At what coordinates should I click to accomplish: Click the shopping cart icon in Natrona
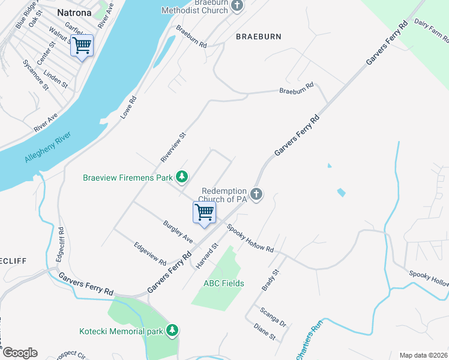(82, 45)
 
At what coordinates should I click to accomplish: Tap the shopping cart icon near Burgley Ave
(204, 212)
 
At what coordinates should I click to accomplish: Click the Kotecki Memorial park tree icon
(173, 331)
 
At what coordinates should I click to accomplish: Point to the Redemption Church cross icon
(257, 194)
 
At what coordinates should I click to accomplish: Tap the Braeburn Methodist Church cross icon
(237, 6)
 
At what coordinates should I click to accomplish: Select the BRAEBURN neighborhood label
(259, 37)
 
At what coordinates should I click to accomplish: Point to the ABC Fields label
(224, 283)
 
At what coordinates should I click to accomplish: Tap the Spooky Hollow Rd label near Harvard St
(250, 238)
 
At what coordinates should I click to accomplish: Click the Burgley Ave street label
(178, 232)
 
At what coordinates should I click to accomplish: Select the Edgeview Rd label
(150, 254)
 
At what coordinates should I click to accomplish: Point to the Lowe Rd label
(129, 107)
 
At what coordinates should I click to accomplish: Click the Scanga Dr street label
(273, 317)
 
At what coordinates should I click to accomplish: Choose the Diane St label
(264, 333)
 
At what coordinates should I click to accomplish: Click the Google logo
(19, 353)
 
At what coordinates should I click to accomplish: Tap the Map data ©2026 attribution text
(424, 355)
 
